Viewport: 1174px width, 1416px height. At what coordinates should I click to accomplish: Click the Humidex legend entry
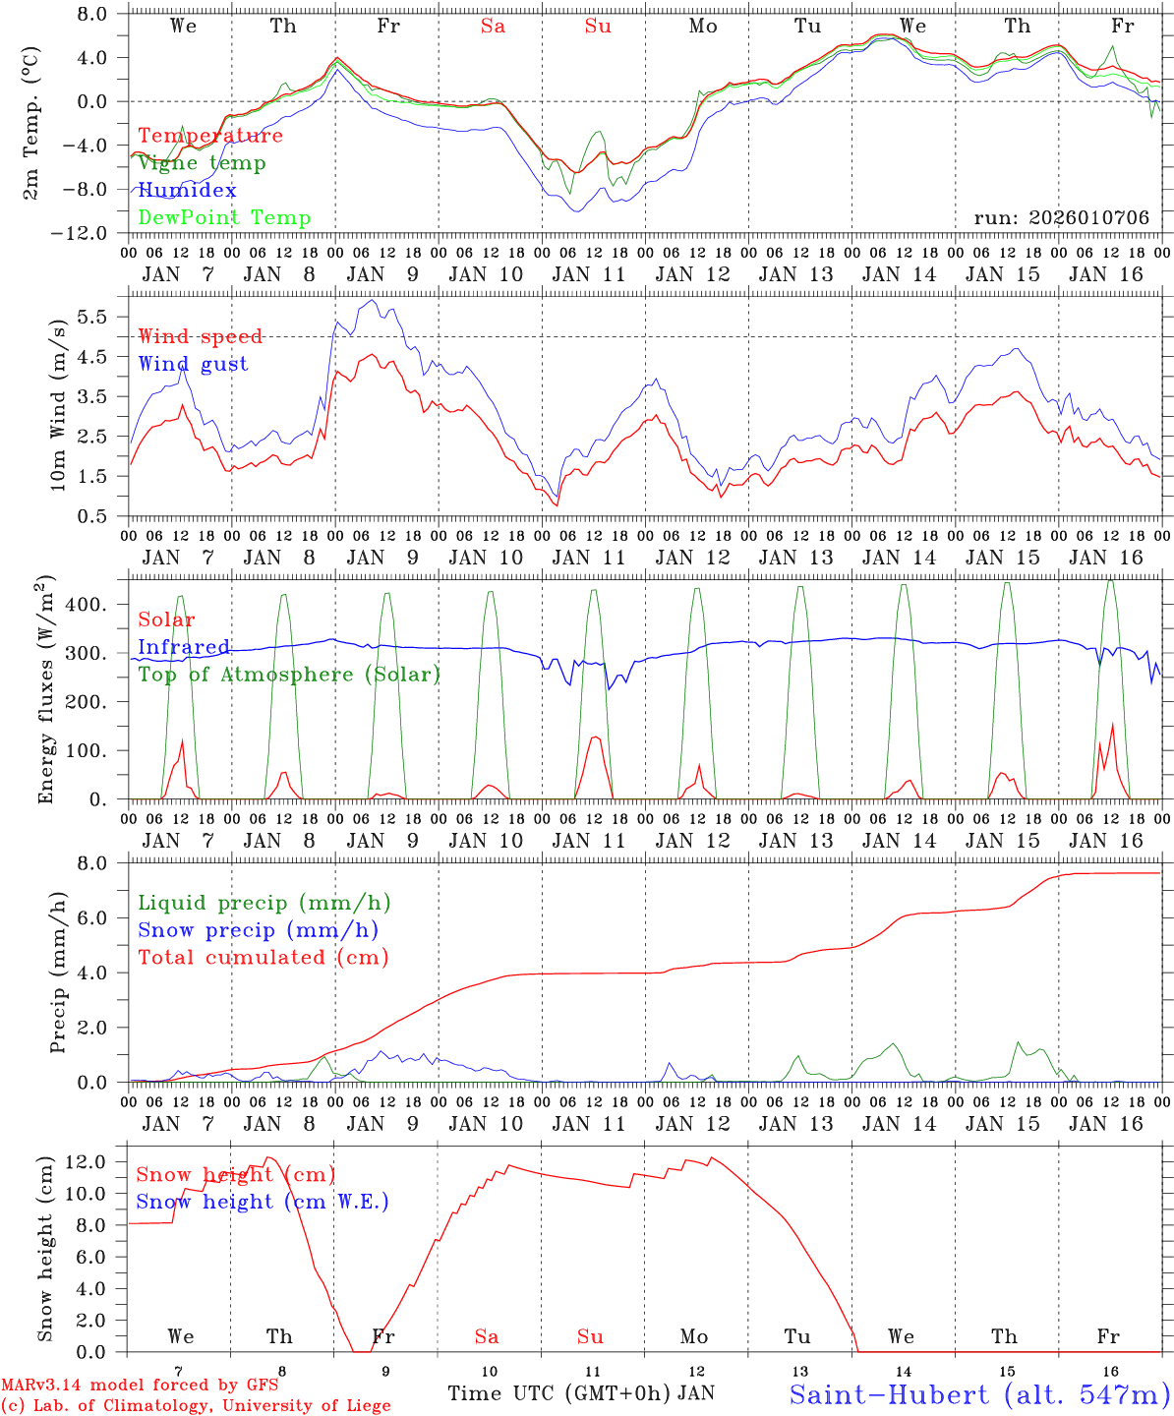(x=187, y=190)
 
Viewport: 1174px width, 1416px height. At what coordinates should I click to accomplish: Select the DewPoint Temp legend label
(x=224, y=217)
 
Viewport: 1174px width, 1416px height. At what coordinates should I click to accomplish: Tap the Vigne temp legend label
(x=202, y=162)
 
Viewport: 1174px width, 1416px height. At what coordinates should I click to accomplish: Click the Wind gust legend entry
(x=193, y=364)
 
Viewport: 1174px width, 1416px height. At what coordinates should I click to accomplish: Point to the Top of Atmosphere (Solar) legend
(x=288, y=675)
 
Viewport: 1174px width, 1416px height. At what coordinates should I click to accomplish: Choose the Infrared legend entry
(x=183, y=647)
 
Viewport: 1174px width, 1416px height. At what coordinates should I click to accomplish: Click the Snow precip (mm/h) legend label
(x=258, y=930)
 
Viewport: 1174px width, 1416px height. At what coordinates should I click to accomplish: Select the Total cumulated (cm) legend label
(x=263, y=957)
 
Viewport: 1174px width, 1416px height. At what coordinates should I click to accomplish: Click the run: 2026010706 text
(x=1061, y=217)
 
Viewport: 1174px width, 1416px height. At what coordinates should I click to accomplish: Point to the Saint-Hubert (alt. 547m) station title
(x=978, y=1393)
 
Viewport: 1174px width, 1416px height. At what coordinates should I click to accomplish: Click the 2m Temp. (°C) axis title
(x=32, y=123)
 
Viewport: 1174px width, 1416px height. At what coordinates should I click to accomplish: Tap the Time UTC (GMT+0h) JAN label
(x=580, y=1393)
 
